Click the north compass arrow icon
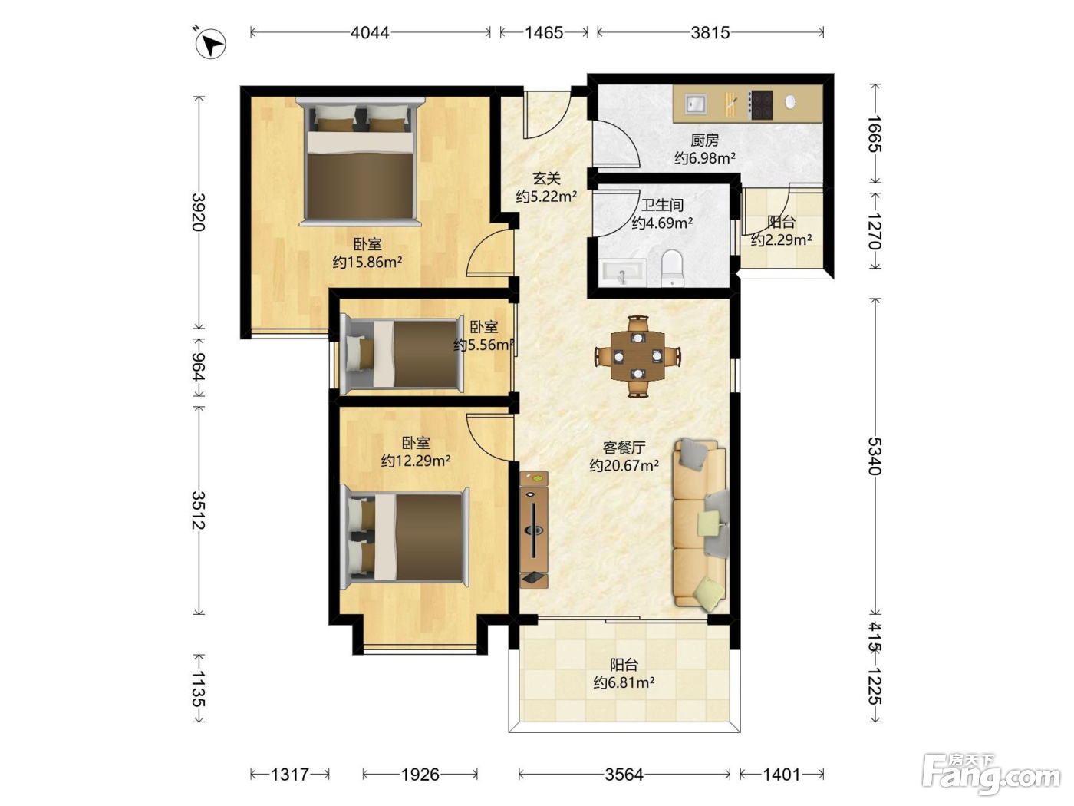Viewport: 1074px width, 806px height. click(x=210, y=44)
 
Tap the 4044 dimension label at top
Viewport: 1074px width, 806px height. click(x=370, y=33)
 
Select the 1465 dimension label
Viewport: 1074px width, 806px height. click(x=544, y=33)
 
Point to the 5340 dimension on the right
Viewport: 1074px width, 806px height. click(x=875, y=456)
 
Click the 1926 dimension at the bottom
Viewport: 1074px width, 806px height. click(x=420, y=775)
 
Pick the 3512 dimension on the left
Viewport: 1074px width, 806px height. click(x=198, y=510)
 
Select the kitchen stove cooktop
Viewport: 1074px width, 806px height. click(x=760, y=104)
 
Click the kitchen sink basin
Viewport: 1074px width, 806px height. click(x=695, y=104)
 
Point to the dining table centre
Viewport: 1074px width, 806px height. click(x=637, y=355)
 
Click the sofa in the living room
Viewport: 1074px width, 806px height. click(x=699, y=525)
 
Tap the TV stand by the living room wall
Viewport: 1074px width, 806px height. click(x=534, y=529)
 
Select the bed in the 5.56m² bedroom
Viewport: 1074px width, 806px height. click(x=402, y=354)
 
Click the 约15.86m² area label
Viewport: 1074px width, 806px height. click(x=367, y=263)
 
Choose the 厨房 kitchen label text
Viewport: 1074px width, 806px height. click(x=704, y=140)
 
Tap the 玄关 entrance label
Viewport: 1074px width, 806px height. click(x=546, y=179)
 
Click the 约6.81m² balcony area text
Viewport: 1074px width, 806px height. click(x=624, y=682)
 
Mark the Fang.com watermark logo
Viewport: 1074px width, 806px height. click(x=991, y=775)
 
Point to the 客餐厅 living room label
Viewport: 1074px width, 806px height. click(x=624, y=448)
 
